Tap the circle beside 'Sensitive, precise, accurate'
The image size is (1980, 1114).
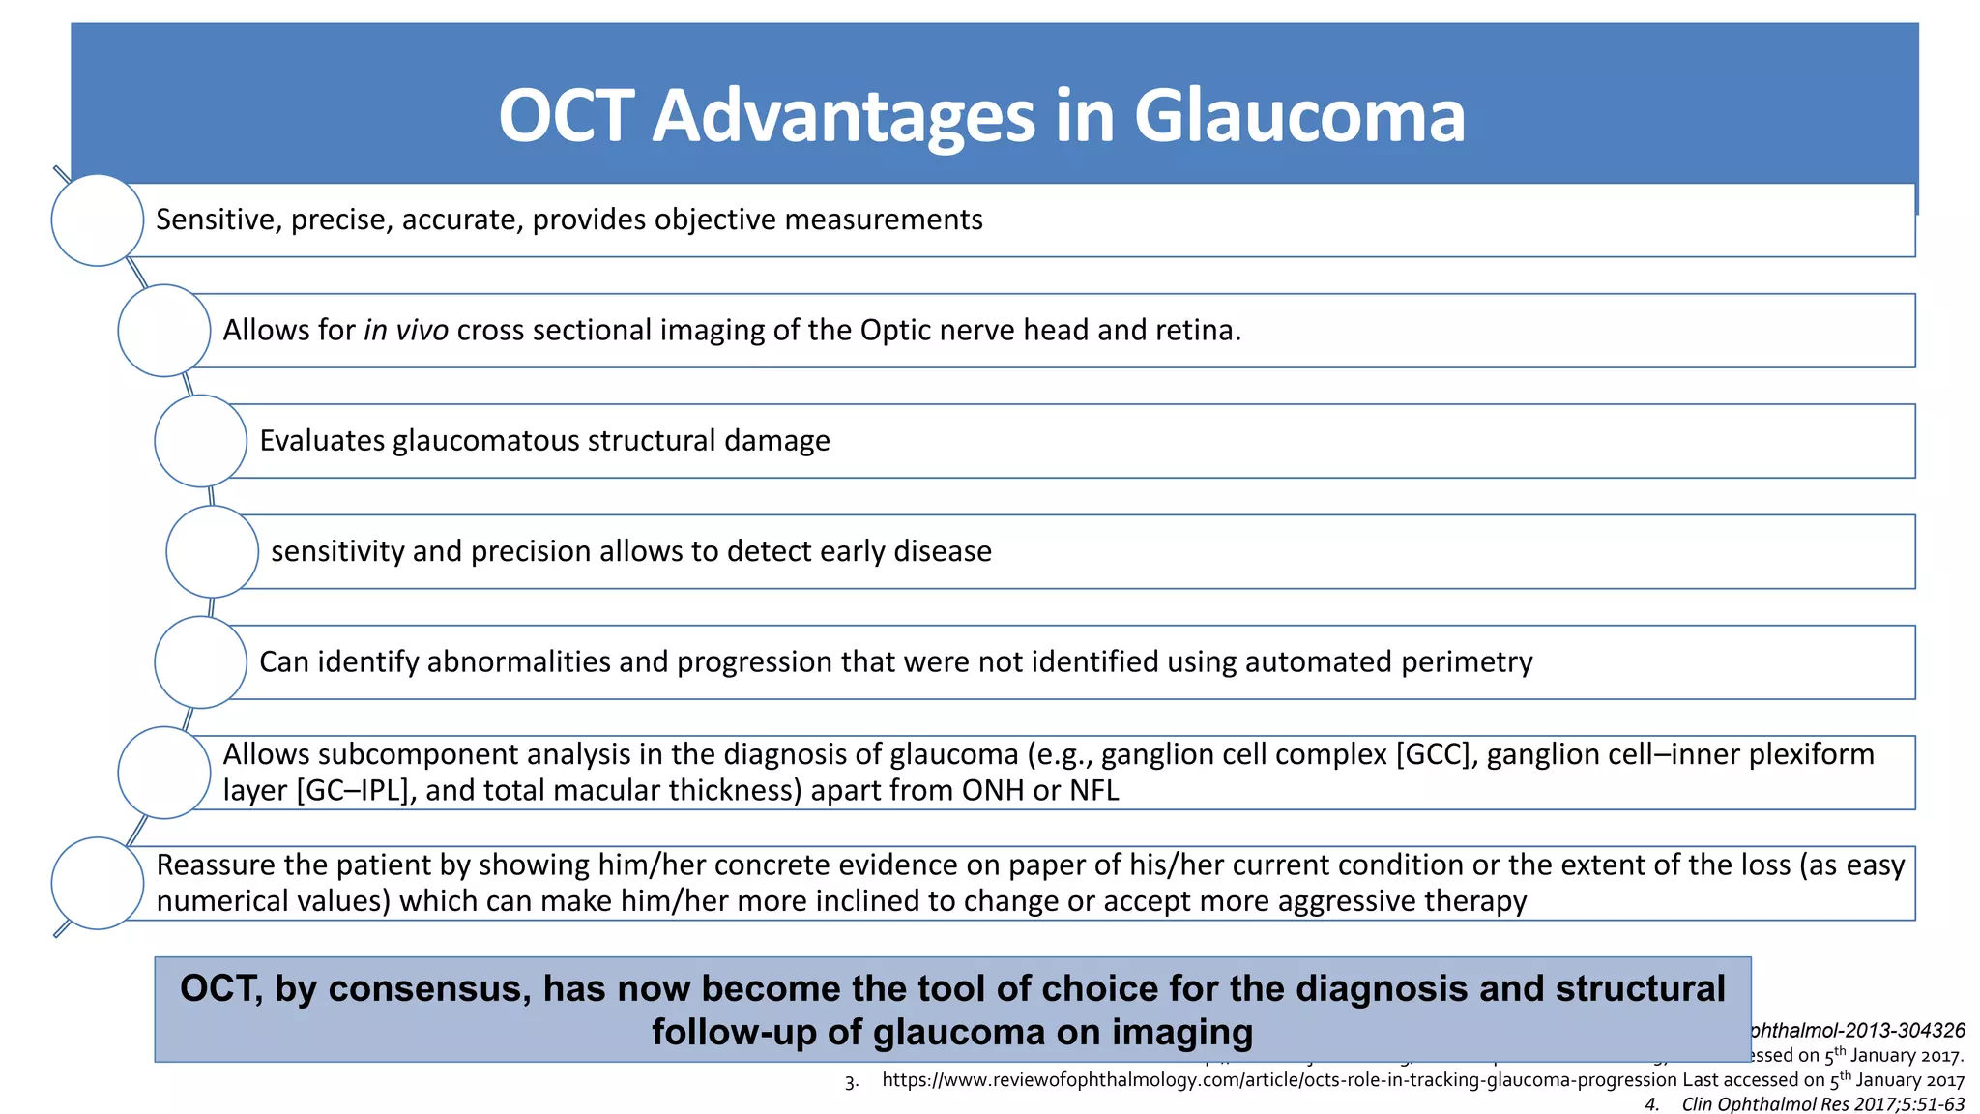pos(98,220)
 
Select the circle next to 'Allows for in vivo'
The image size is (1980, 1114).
pos(164,331)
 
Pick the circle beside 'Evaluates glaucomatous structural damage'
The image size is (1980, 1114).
pos(201,441)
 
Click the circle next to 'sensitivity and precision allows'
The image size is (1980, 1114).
pos(213,551)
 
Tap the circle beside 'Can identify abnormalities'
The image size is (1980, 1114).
pos(201,662)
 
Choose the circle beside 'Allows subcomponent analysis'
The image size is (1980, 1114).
pos(164,773)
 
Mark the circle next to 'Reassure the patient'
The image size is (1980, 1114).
pos(98,883)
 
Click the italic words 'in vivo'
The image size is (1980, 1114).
pos(405,331)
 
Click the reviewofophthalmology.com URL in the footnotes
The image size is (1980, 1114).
pos(1279,1080)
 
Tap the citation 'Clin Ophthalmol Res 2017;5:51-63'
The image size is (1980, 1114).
pos(1822,1104)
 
